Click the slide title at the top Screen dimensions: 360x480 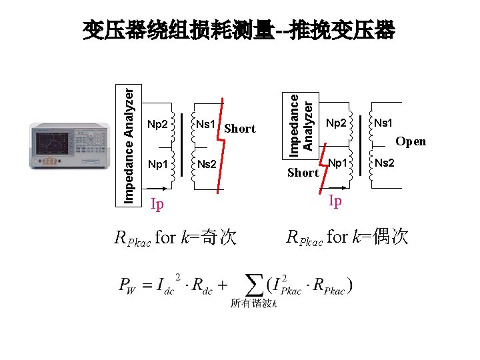[239, 31]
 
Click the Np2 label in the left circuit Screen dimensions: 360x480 [157, 124]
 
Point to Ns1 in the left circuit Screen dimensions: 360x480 [205, 124]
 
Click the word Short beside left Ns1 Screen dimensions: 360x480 [240, 129]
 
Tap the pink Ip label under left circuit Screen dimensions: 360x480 [157, 204]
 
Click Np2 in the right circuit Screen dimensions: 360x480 [336, 123]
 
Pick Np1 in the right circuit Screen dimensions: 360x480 [339, 163]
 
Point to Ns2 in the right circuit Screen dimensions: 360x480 [384, 163]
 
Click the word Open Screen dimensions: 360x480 [411, 141]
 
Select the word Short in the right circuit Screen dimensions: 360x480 [303, 173]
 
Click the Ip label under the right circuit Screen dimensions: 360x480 [335, 201]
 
